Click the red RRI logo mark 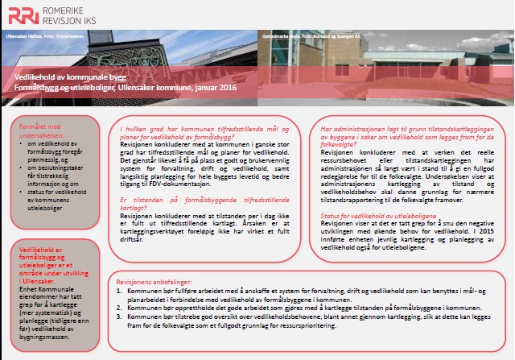pyautogui.click(x=22, y=14)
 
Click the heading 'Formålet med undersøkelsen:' pyautogui.click(x=40, y=131)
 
